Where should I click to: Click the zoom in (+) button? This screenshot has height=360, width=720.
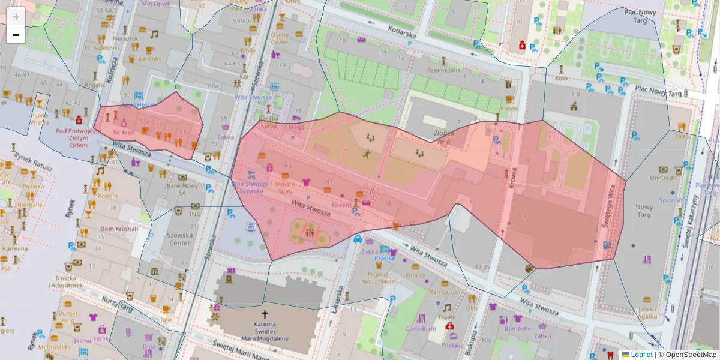pos(16,16)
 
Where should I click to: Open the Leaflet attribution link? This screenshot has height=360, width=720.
pos(641,355)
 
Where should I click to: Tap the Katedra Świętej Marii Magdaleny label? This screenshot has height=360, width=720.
pos(264,331)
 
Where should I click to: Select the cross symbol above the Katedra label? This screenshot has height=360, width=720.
pos(264,314)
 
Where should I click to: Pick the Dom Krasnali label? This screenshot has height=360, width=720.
pos(119,229)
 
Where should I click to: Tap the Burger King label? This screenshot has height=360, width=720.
pos(68,316)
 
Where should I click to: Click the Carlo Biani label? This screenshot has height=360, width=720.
pos(420,328)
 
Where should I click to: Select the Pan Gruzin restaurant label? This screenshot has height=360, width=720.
pos(445,292)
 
